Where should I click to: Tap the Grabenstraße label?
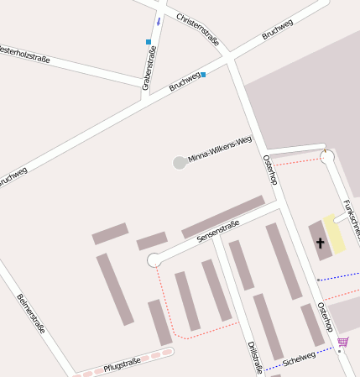[x=149, y=70]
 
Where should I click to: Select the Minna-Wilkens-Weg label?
[x=220, y=149]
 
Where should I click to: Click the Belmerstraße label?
[x=31, y=313]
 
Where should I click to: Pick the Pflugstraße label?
[x=122, y=364]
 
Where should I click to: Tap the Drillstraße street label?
[x=256, y=356]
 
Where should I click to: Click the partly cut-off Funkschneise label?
[x=351, y=217]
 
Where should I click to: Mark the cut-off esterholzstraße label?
[x=25, y=54]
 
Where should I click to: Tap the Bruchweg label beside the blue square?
[x=185, y=82]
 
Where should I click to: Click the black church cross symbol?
[x=319, y=243]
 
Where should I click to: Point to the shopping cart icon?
[x=342, y=342]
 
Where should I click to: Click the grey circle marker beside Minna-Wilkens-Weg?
[x=179, y=162]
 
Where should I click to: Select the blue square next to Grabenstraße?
[x=149, y=42]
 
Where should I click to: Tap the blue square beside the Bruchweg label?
[x=203, y=74]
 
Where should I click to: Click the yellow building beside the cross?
[x=335, y=236]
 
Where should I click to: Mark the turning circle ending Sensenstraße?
[x=154, y=261]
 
